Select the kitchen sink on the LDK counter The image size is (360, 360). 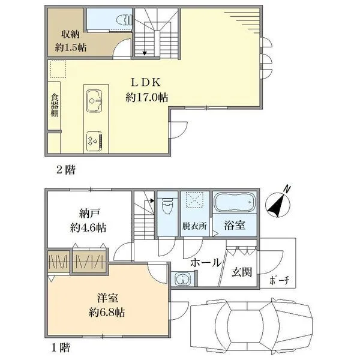94,101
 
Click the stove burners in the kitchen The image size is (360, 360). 94,141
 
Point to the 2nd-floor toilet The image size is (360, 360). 124,20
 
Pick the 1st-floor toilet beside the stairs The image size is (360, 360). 167,205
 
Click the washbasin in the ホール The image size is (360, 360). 183,279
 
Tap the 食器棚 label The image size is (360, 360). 55,105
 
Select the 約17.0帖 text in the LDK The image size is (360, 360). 147,97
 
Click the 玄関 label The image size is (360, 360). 242,272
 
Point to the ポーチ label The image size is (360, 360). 280,280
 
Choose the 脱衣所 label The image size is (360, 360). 194,226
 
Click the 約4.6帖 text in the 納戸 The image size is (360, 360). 88,228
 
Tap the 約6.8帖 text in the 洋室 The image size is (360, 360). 107,312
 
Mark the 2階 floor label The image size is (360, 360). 66,170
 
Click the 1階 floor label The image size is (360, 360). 61,347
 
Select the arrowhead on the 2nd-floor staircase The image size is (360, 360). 145,53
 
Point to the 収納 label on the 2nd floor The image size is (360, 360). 70,34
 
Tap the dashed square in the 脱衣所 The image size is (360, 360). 194,200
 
